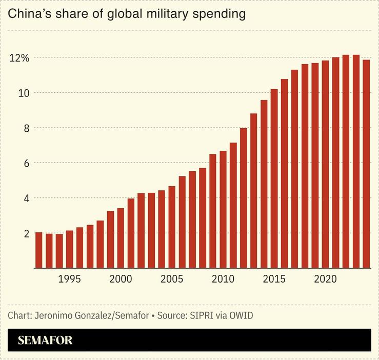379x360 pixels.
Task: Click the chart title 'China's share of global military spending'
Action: tap(127, 14)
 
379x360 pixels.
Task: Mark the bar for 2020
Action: tap(325, 164)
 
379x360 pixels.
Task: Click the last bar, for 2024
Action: tap(366, 164)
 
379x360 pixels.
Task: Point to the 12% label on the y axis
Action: tap(19, 57)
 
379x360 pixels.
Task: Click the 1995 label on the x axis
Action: tap(69, 279)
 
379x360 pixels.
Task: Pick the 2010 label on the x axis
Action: tap(223, 279)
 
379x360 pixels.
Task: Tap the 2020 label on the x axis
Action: tap(325, 279)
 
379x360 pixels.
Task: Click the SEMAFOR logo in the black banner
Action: tap(45, 341)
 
